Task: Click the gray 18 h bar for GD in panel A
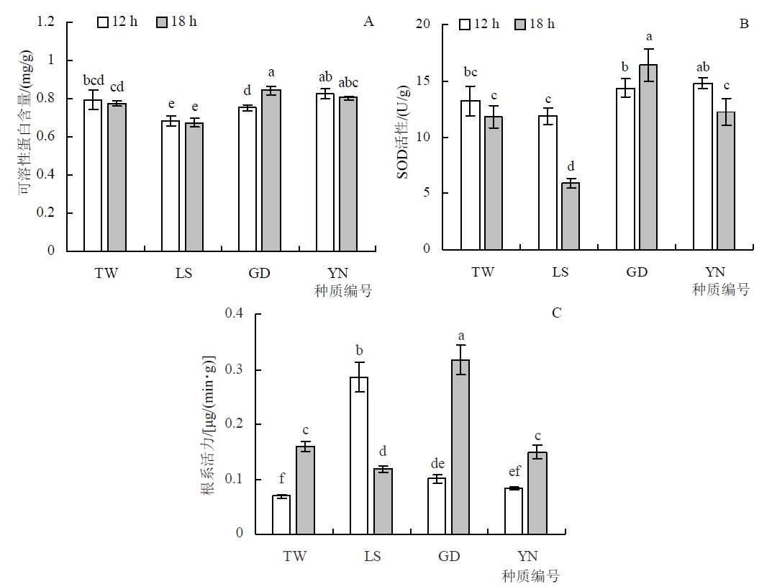(x=271, y=170)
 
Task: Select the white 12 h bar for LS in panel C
(x=359, y=455)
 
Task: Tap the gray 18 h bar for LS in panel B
(x=571, y=216)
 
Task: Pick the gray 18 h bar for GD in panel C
(x=460, y=447)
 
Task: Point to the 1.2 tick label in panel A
(x=46, y=22)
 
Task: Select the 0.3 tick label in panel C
(x=235, y=369)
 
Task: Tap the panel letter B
(x=745, y=24)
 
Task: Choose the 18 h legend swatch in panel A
(x=161, y=22)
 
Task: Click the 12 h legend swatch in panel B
(x=466, y=24)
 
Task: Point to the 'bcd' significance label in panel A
(x=94, y=79)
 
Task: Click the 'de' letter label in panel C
(x=437, y=463)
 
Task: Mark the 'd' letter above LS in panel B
(x=571, y=168)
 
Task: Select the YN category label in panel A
(x=337, y=274)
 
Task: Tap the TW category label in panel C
(x=295, y=557)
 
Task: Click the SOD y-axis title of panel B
(x=404, y=137)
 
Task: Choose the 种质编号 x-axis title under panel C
(x=531, y=576)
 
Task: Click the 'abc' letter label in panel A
(x=348, y=83)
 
